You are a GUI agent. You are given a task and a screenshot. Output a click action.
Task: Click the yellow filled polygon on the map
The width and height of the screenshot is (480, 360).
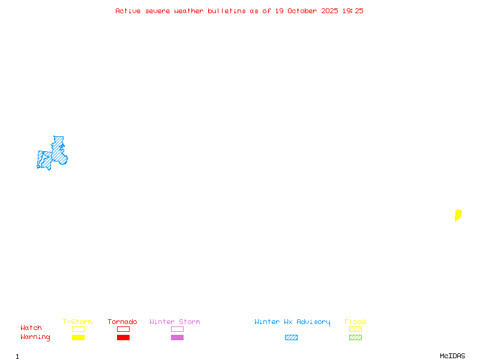(x=458, y=215)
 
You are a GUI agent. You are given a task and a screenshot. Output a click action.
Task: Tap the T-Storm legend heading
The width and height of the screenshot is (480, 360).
(x=77, y=322)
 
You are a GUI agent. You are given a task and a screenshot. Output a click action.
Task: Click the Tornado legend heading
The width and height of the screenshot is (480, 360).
(x=122, y=322)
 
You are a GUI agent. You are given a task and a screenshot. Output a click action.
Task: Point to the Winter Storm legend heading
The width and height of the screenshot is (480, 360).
(x=175, y=322)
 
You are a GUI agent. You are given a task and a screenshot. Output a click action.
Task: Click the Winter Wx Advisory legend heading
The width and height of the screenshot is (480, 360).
(x=292, y=322)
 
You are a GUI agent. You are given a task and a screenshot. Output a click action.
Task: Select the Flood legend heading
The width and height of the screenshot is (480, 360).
(x=355, y=322)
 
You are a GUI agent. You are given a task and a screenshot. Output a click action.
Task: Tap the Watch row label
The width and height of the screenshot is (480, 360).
(x=31, y=328)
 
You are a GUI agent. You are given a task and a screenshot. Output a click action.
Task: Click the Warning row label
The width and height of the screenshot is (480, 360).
(x=35, y=337)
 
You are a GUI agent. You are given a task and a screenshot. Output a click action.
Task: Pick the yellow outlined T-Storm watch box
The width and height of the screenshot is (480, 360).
(x=78, y=329)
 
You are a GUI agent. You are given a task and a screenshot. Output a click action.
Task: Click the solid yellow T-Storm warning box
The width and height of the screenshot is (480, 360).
(x=78, y=337)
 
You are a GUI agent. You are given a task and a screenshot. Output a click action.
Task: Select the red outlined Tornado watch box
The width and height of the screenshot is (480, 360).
(x=123, y=329)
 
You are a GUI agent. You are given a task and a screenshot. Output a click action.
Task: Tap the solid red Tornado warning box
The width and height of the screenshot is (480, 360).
(x=123, y=337)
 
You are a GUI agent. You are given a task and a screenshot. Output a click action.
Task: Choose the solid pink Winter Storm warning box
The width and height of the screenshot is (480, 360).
(x=177, y=337)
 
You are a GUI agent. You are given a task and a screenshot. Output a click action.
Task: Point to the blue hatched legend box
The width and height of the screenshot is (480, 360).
(x=291, y=337)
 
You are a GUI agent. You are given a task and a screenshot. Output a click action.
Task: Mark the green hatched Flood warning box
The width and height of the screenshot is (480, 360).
(x=355, y=337)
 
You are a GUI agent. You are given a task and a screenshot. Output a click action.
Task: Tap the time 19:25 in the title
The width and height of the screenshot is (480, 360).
(x=353, y=11)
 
